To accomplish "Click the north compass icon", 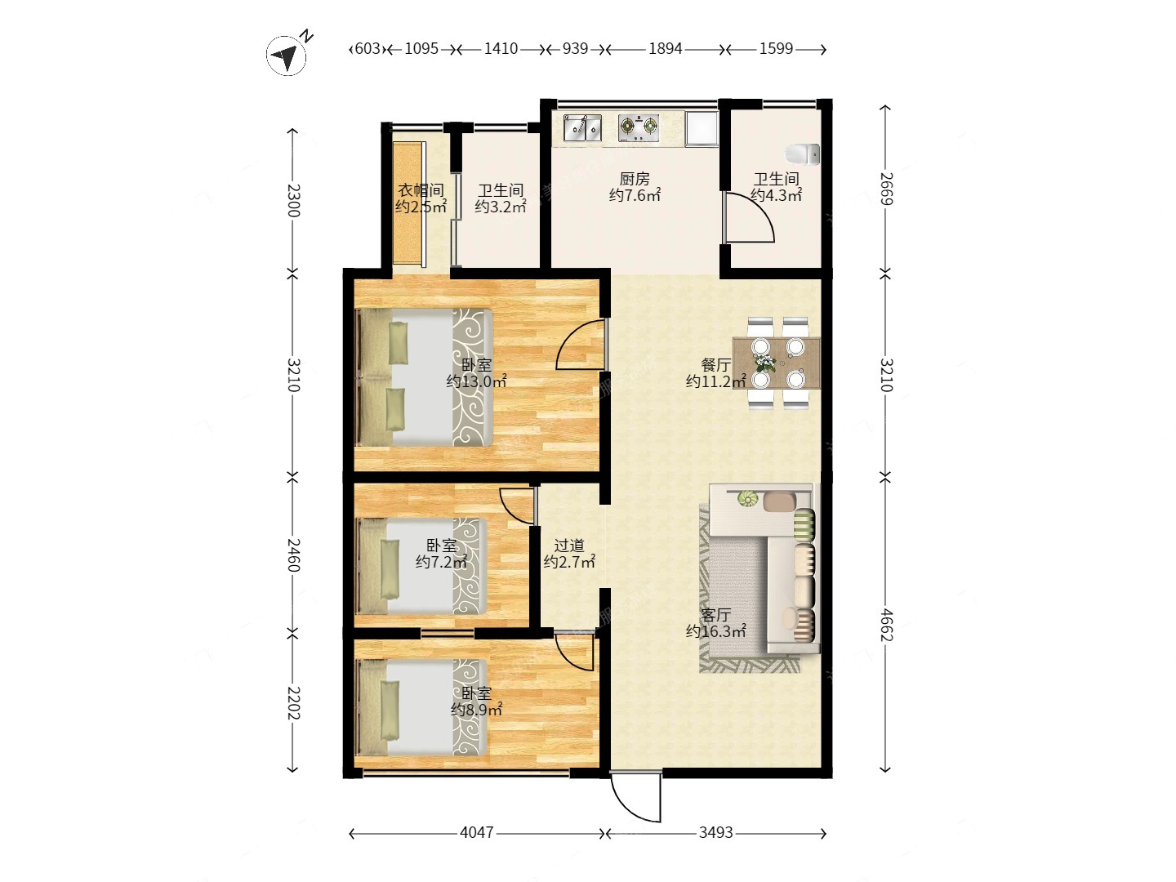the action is [x=287, y=55].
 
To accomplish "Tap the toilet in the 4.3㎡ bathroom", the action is [x=803, y=154].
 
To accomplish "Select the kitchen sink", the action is [x=582, y=128].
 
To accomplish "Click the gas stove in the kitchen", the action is [x=639, y=128].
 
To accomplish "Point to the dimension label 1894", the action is [x=665, y=49].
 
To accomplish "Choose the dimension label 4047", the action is [x=477, y=833].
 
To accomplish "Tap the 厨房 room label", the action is [x=635, y=178].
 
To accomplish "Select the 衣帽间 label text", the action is [x=421, y=190].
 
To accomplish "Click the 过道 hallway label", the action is [x=569, y=546].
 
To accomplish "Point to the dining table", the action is [x=777, y=363].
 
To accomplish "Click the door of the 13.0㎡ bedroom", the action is [x=581, y=345].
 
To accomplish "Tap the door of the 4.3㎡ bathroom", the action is [x=748, y=217].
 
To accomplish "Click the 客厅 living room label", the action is [x=715, y=615].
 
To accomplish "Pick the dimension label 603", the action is [x=367, y=49].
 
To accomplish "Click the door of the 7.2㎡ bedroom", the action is [x=518, y=506].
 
